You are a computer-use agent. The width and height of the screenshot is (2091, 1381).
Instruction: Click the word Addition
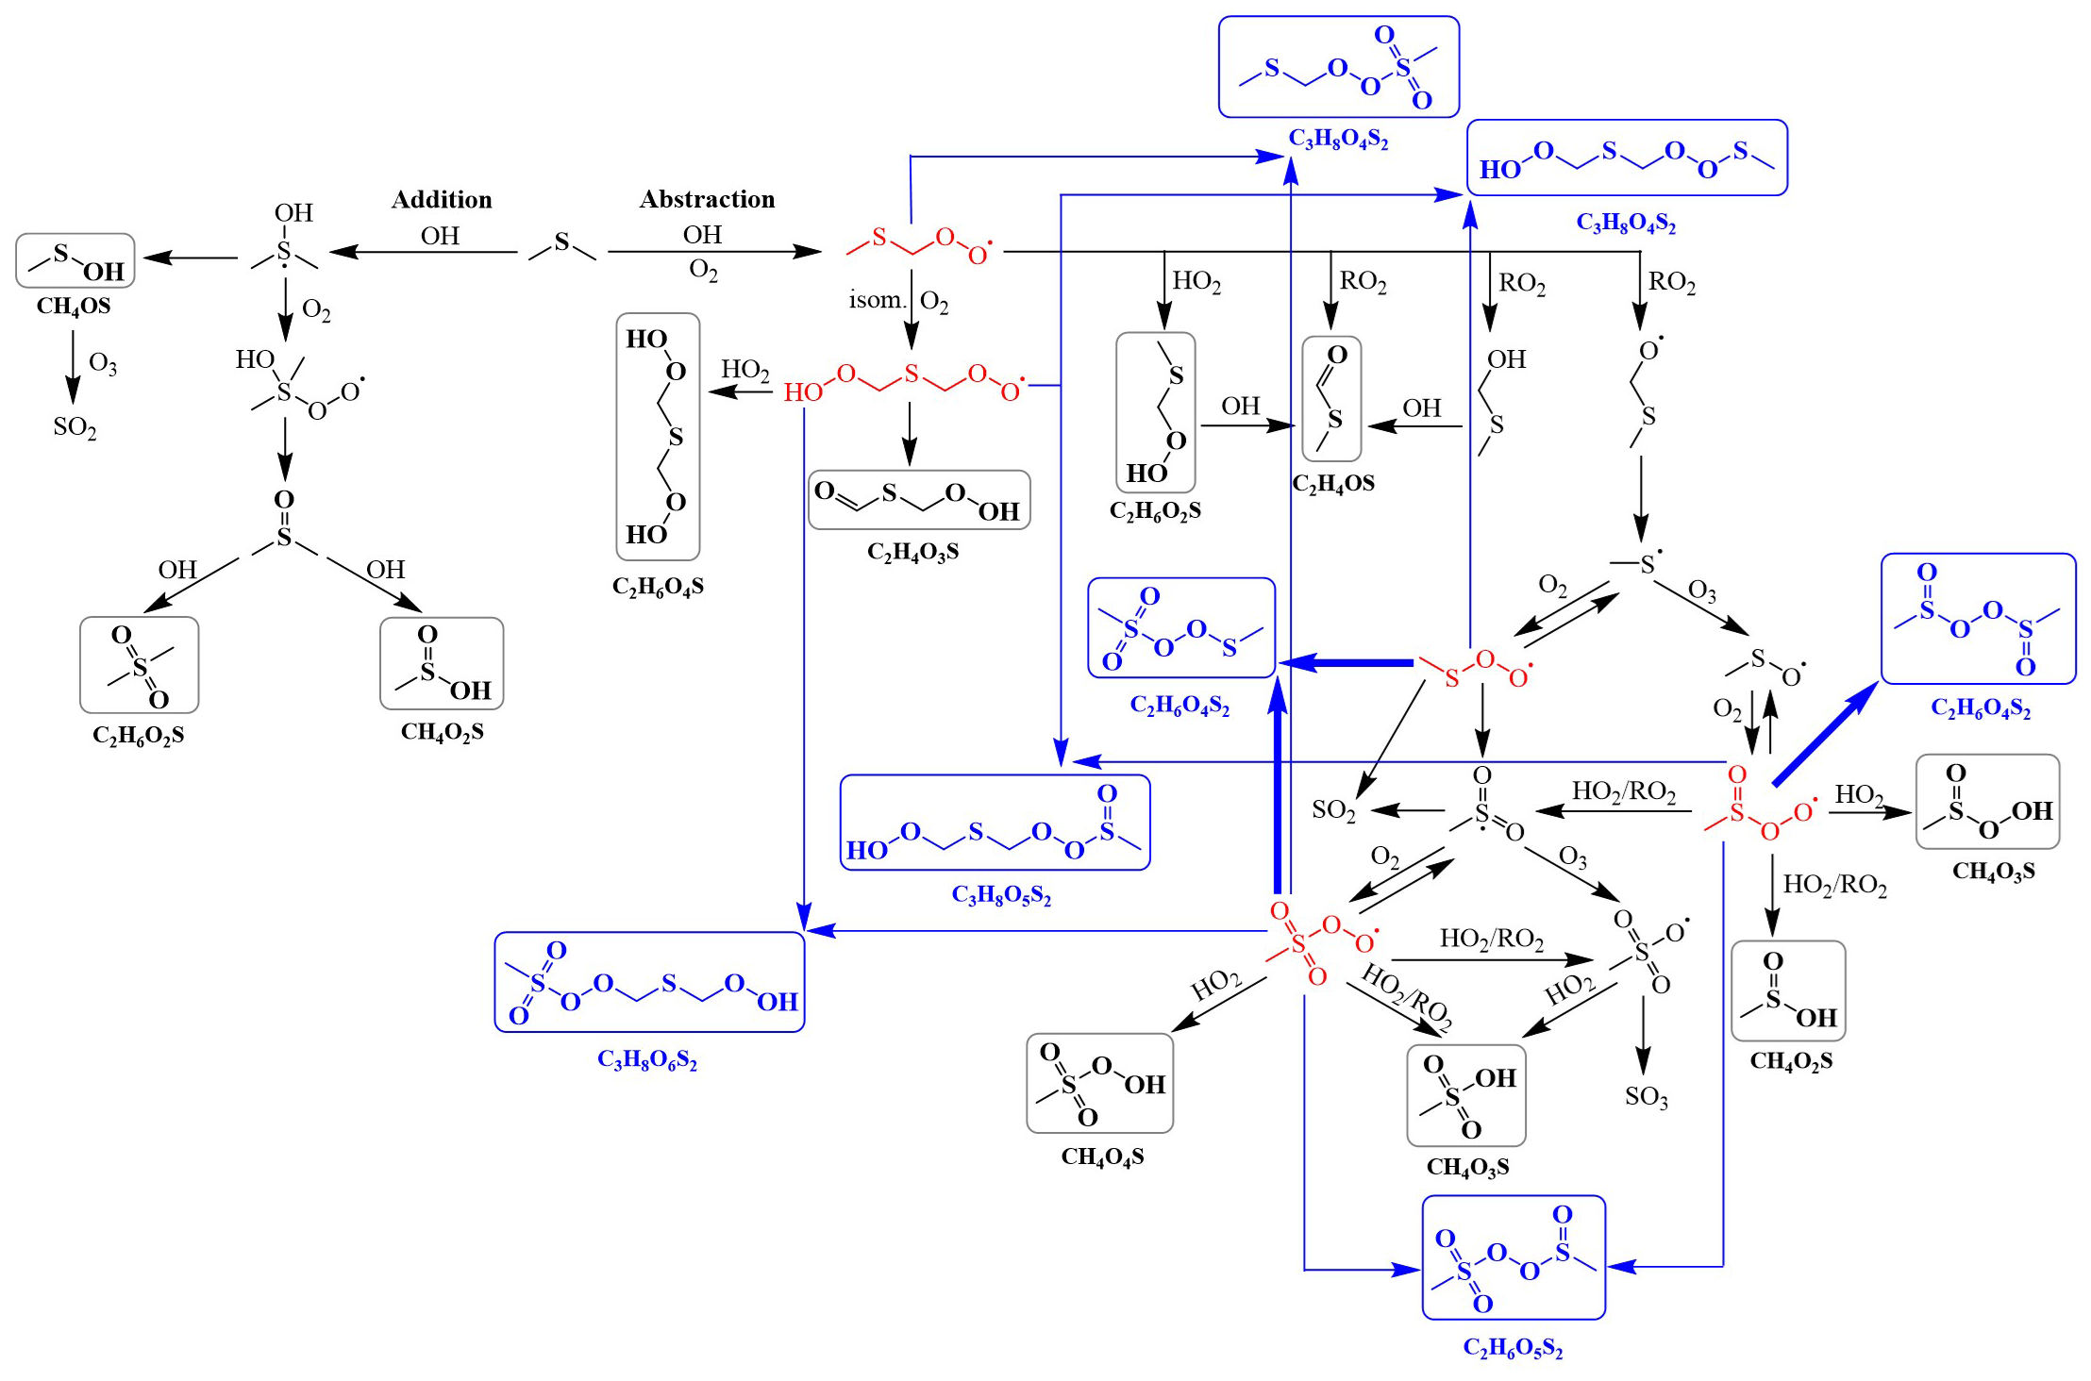pyautogui.click(x=442, y=199)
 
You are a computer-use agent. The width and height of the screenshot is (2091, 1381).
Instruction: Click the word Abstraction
pyautogui.click(x=708, y=199)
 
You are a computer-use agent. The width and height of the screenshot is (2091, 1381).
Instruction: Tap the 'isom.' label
pyautogui.click(x=877, y=300)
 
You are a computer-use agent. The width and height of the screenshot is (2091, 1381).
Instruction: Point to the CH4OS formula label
pyautogui.click(x=74, y=307)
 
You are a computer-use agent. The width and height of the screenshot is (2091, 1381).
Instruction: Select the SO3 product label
pyautogui.click(x=1647, y=1096)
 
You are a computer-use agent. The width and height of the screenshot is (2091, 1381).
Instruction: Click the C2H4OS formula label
pyautogui.click(x=1333, y=484)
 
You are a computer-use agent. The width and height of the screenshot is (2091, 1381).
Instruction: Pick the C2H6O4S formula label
pyautogui.click(x=658, y=587)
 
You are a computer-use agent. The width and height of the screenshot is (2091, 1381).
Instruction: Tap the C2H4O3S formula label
pyautogui.click(x=912, y=552)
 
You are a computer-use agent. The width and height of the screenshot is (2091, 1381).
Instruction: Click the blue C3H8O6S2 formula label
pyautogui.click(x=647, y=1060)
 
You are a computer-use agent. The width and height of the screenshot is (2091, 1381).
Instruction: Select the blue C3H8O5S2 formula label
pyautogui.click(x=1001, y=894)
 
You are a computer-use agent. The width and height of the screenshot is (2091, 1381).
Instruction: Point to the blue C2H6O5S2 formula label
pyautogui.click(x=1513, y=1348)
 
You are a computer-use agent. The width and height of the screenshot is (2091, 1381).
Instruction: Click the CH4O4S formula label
pyautogui.click(x=1102, y=1156)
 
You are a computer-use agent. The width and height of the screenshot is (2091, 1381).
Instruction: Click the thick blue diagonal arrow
pyautogui.click(x=1825, y=733)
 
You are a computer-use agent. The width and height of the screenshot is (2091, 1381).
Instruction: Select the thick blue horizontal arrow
pyautogui.click(x=1346, y=663)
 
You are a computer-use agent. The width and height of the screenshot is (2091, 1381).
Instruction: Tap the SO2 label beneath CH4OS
pyautogui.click(x=75, y=427)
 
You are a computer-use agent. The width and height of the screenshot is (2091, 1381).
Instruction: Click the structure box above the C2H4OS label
pyautogui.click(x=1331, y=399)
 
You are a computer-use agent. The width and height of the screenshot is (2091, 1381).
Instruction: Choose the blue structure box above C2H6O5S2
pyautogui.click(x=1514, y=1257)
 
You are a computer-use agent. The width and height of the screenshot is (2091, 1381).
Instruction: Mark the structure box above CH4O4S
pyautogui.click(x=1100, y=1083)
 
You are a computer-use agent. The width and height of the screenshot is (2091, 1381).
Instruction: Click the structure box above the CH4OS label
pyautogui.click(x=75, y=260)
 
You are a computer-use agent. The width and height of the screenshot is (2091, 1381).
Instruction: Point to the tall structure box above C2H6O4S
pyautogui.click(x=659, y=437)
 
